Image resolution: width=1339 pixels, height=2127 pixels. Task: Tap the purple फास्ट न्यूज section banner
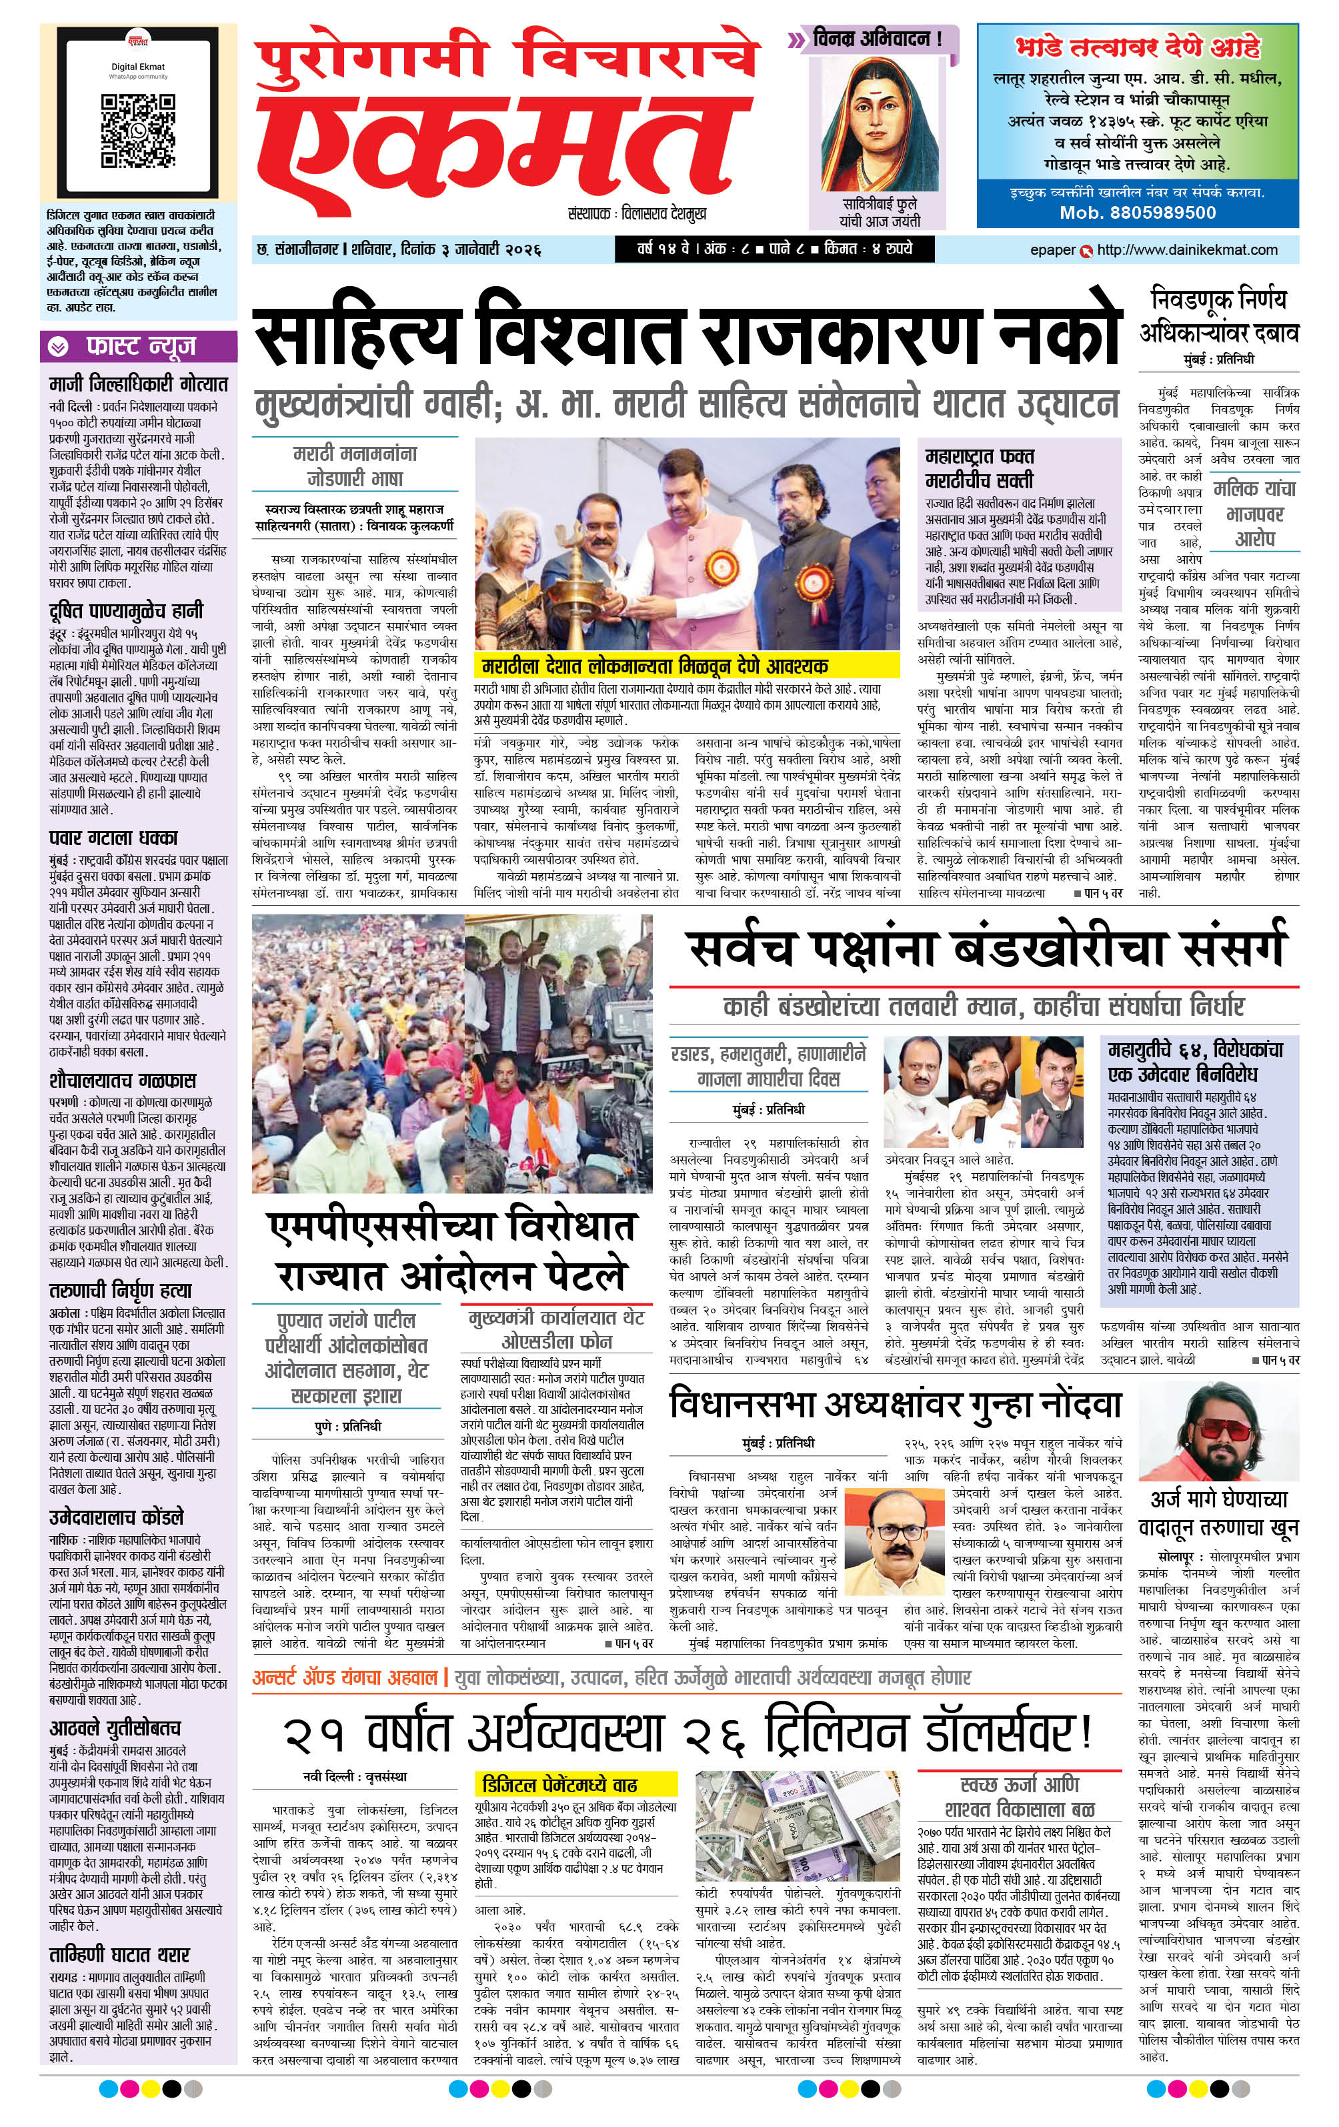[139, 346]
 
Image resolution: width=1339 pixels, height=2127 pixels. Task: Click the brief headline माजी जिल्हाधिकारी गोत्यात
[139, 384]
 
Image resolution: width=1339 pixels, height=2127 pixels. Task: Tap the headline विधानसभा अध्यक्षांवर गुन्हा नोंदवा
[896, 1405]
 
